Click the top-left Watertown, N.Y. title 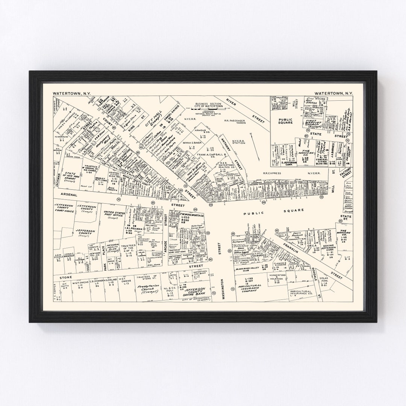69,93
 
